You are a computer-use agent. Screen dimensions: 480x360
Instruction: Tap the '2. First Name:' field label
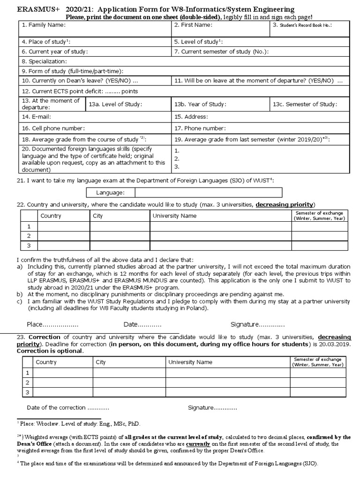pos(193,25)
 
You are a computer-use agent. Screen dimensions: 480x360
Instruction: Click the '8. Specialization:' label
pos(44,61)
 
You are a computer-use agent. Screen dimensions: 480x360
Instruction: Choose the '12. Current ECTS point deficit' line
pos(80,91)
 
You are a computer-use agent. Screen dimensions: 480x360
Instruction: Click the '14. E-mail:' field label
pos(36,116)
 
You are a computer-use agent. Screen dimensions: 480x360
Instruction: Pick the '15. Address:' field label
pos(191,116)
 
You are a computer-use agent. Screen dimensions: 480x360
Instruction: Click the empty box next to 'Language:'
pos(209,193)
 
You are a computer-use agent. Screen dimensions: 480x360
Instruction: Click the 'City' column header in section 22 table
pos(99,216)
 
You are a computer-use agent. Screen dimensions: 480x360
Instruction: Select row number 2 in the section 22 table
pos(29,236)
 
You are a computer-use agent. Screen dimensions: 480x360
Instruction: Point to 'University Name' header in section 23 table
pos(190,362)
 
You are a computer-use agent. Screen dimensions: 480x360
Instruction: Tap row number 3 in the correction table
pos(28,392)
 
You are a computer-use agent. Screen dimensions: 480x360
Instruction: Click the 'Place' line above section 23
pos(52,324)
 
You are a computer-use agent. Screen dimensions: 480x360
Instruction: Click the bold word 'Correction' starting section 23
pos(45,337)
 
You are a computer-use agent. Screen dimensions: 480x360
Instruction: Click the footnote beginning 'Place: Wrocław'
pos(80,423)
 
